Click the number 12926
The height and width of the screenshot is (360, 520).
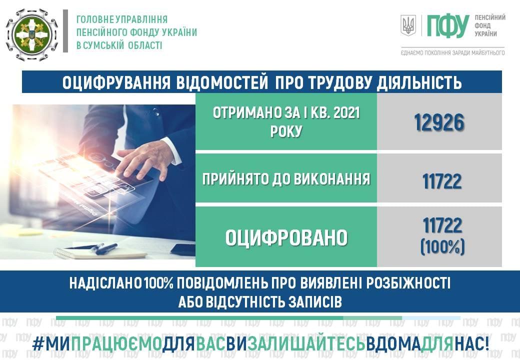(439, 122)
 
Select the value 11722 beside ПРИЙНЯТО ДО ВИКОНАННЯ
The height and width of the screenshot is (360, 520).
(441, 181)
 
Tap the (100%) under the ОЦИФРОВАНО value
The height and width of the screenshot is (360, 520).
(442, 246)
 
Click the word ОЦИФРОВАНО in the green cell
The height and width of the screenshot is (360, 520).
(286, 237)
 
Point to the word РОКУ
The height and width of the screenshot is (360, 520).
(286, 131)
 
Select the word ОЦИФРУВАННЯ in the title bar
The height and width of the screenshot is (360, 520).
(116, 82)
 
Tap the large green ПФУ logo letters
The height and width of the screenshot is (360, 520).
(447, 26)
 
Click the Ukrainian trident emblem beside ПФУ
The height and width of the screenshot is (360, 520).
(408, 25)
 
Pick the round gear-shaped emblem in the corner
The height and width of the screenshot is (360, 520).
(32, 35)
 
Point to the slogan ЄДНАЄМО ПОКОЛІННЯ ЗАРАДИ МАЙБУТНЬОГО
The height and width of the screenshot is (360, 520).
(452, 52)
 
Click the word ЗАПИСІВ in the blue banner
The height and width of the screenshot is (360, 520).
(315, 302)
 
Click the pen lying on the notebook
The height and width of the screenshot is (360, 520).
(106, 249)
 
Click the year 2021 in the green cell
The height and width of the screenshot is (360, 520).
(346, 113)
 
